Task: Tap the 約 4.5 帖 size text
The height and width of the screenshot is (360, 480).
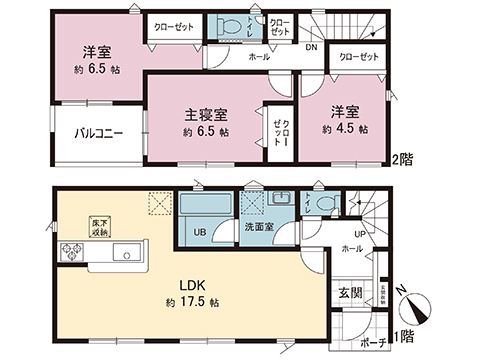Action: click(344, 130)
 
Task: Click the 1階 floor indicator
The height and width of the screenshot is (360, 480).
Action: click(403, 338)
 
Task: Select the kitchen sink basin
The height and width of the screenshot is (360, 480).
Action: click(126, 250)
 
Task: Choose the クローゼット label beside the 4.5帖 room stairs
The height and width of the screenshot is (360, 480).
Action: click(358, 58)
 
